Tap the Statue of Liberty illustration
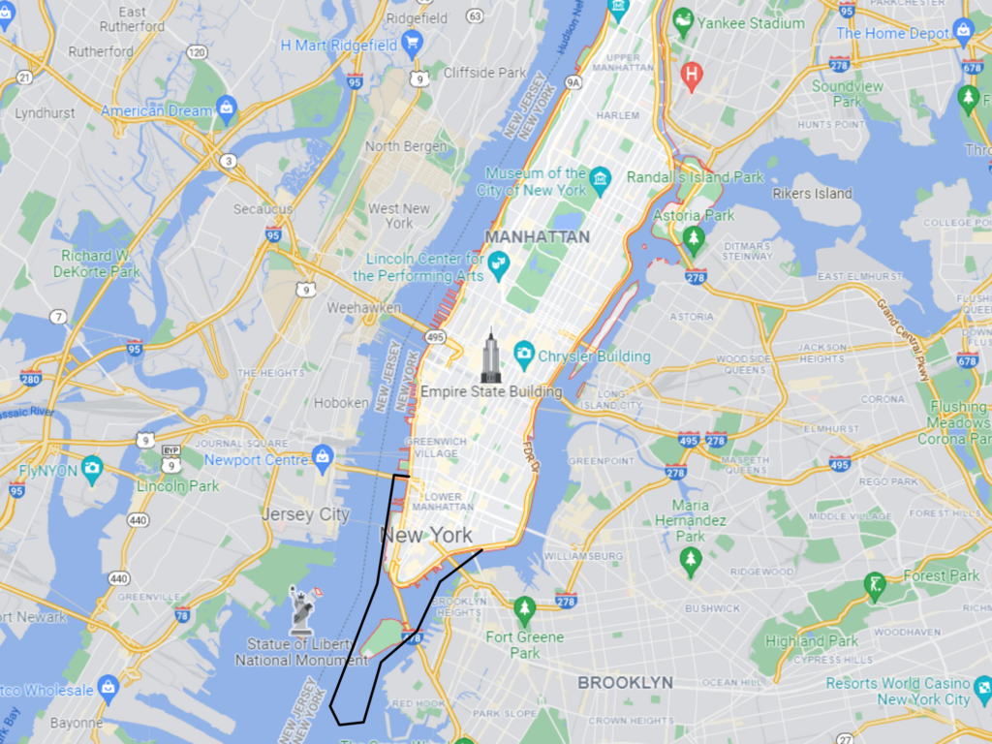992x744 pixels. coord(302,609)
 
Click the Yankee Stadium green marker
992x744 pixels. coord(684,22)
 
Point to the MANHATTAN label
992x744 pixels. coord(538,236)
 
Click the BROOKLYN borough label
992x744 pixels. coord(625,682)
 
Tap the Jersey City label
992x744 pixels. coord(305,514)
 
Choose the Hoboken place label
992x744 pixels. coord(341,403)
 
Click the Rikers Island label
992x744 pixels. coord(812,193)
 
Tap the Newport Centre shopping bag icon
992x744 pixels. coord(324,456)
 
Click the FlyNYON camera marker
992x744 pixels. coord(92,470)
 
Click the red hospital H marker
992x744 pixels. coord(691,75)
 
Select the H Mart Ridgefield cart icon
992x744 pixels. coord(412,44)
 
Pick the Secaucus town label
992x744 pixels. coord(263,209)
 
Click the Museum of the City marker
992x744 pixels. coord(600,180)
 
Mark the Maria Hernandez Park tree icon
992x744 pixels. coord(691,561)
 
